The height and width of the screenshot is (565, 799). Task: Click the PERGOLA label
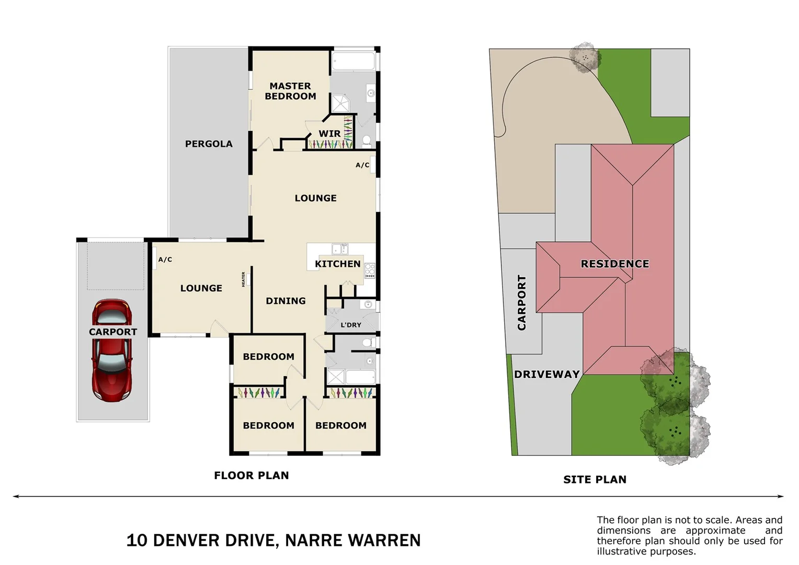(209, 144)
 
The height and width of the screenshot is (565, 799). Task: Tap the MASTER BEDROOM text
(290, 91)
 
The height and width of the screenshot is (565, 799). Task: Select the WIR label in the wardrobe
(329, 134)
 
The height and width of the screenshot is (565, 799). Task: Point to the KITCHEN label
(337, 264)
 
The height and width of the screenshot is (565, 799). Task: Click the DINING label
(286, 301)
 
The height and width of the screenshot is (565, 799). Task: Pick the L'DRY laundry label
(351, 325)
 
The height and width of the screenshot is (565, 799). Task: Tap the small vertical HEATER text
(244, 279)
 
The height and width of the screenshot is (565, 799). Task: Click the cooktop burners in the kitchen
(370, 270)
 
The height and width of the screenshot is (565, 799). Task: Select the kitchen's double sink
(340, 248)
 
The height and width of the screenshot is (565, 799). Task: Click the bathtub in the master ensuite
(354, 61)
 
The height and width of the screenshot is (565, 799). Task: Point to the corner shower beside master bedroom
(340, 103)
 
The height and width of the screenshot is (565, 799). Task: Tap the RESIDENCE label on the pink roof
(615, 264)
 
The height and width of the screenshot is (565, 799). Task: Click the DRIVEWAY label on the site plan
(547, 374)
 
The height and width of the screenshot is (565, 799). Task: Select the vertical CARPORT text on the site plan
(522, 302)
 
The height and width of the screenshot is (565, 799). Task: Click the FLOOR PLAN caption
(252, 475)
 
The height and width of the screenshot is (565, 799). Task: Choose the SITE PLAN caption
(595, 479)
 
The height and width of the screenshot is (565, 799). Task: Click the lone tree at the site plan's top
(584, 56)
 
